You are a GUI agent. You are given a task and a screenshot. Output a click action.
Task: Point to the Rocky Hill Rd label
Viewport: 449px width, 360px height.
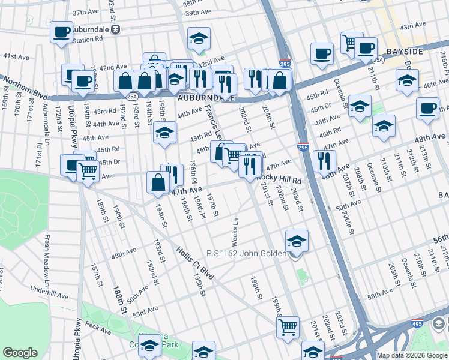(x=279, y=179)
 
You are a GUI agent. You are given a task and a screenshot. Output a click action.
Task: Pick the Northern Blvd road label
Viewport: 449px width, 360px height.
(x=24, y=86)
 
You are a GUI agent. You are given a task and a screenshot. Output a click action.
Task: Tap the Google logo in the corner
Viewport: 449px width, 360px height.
(x=20, y=353)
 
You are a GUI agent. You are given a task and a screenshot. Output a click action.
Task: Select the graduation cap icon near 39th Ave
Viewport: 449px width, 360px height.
(x=199, y=39)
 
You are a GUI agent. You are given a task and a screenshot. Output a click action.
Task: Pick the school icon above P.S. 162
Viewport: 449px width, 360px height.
(x=296, y=241)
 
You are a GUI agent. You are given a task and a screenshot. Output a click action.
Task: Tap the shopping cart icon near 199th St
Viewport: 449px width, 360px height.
(x=288, y=328)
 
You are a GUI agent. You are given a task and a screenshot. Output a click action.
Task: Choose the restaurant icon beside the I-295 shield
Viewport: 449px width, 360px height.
(x=324, y=160)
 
